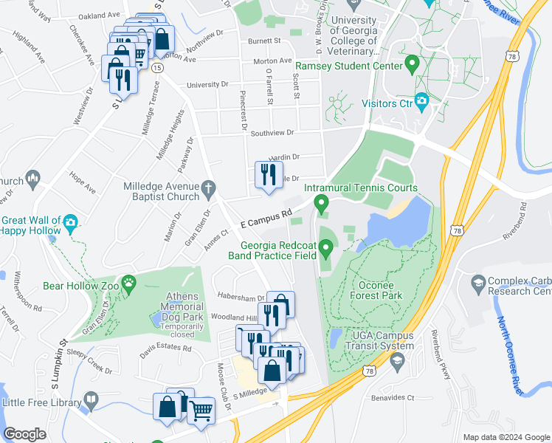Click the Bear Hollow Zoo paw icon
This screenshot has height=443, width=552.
130,281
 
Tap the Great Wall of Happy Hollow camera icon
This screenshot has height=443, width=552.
70,221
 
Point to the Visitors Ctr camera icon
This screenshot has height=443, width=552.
421,100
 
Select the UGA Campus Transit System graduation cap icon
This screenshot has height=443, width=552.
399,360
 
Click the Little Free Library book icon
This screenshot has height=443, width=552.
91,402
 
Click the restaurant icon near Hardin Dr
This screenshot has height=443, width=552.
267,175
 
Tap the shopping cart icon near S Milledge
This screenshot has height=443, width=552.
200,409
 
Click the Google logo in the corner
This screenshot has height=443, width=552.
25,435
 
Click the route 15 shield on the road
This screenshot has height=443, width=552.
158,66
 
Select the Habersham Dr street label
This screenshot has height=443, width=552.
241,297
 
